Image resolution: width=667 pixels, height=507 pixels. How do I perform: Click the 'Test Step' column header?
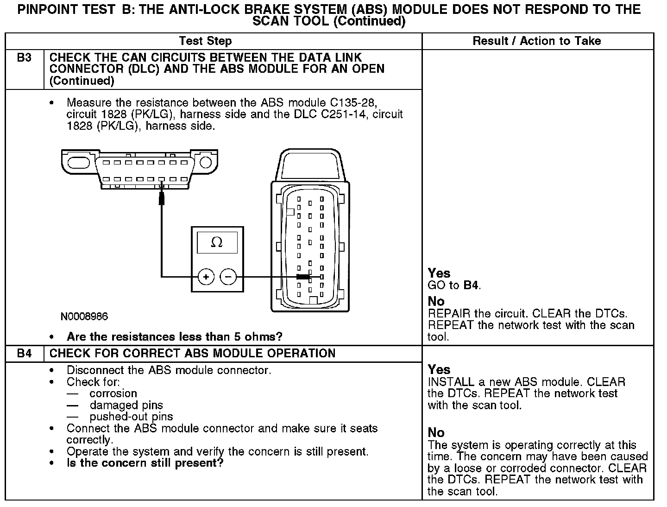205,41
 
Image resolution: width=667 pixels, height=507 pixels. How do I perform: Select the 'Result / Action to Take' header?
536,41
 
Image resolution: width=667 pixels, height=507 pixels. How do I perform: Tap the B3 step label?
25,58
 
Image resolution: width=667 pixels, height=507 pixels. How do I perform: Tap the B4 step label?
25,354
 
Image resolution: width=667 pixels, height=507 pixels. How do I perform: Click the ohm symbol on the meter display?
217,242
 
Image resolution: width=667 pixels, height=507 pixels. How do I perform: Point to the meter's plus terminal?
206,277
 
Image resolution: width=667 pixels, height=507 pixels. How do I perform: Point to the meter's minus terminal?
228,277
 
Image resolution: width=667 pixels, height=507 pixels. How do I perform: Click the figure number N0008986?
84,317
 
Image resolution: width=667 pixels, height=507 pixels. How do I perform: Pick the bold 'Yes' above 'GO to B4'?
439,273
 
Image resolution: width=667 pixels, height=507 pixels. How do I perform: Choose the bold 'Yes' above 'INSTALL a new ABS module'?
439,369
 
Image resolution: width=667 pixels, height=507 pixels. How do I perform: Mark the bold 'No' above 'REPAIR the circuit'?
436,301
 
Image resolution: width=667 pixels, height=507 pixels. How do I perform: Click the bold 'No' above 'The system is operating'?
436,432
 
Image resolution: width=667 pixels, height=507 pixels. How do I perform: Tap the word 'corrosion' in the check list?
113,393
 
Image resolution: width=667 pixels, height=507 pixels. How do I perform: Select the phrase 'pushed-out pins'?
131,417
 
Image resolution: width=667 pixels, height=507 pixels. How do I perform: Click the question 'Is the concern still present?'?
145,463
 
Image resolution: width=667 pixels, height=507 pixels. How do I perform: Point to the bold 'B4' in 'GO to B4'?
471,285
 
